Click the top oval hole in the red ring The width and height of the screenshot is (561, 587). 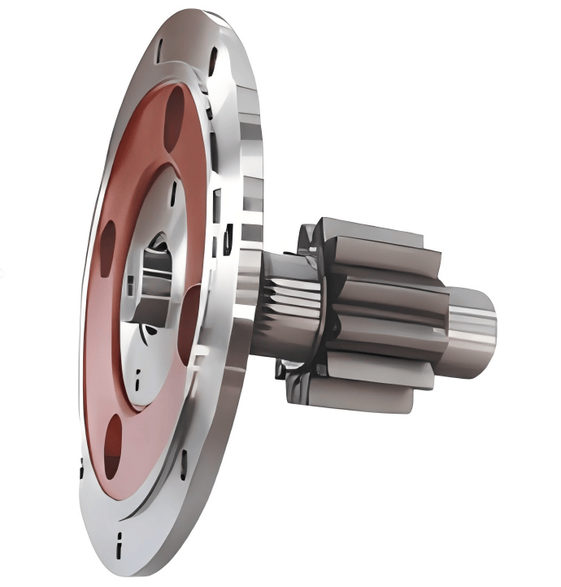click(x=176, y=115)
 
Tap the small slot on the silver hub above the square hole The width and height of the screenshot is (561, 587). click(x=173, y=192)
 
